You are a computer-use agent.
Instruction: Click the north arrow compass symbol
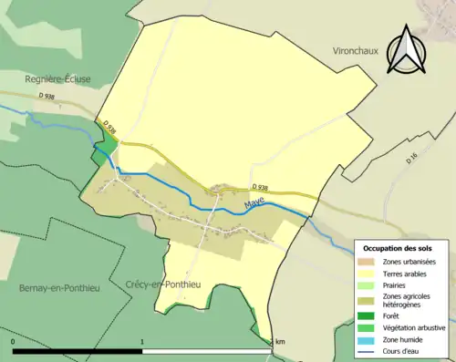[x=407, y=49]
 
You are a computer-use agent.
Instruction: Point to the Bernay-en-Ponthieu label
[x=56, y=288]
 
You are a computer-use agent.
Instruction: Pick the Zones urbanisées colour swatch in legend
[x=367, y=262]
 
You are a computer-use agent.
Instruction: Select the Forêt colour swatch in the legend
[x=367, y=317]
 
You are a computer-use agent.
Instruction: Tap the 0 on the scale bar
[x=14, y=341]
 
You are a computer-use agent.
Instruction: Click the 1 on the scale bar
[x=142, y=341]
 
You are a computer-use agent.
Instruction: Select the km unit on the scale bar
[x=280, y=341]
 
